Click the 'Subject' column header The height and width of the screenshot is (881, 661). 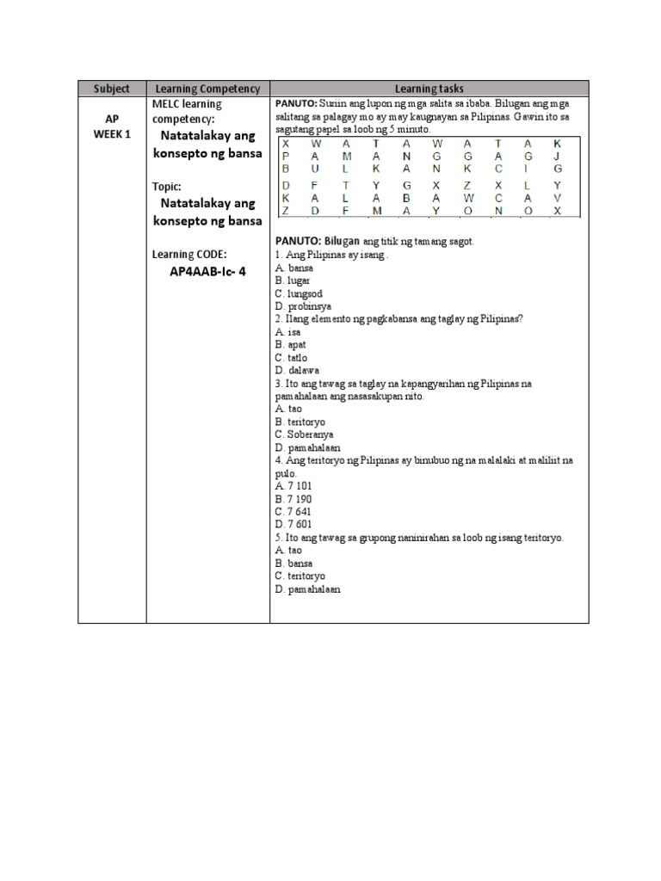pos(112,89)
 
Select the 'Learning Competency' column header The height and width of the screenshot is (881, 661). pos(207,89)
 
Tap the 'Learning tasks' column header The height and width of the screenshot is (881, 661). pos(429,89)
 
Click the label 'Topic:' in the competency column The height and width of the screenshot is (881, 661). pos(169,186)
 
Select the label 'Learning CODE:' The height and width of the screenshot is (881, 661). pos(189,254)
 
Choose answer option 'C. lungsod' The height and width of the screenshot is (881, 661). pos(299,293)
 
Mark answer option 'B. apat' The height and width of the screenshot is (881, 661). pos(291,344)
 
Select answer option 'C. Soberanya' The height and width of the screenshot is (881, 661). pos(304,434)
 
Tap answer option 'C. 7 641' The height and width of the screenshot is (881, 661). pos(294,512)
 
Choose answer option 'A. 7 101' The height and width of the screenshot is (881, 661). pos(294,486)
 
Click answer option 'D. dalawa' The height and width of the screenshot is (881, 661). pos(297,370)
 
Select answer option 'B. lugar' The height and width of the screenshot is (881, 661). pos(293,280)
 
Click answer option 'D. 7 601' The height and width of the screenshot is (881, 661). pos(294,524)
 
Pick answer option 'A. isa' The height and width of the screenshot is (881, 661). pos(287,331)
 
